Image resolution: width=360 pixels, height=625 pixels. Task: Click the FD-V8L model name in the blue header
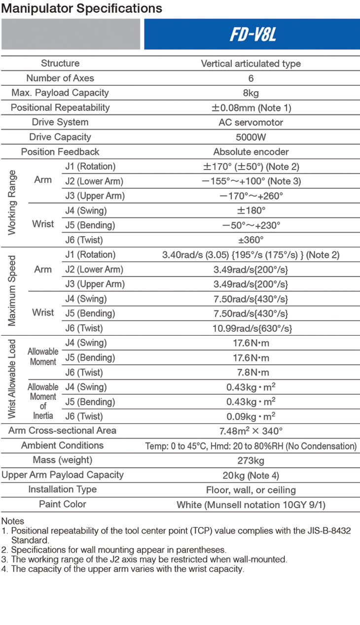pos(252,35)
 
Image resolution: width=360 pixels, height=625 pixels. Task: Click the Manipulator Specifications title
pos(82,8)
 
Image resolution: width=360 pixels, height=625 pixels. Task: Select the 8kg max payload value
pos(251,93)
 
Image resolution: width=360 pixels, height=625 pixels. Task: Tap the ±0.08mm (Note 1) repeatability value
pos(251,107)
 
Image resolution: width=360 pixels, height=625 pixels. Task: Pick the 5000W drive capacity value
pos(251,137)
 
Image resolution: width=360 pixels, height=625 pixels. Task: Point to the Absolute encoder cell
pos(251,152)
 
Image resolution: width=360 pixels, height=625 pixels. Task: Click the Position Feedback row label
pos(60,152)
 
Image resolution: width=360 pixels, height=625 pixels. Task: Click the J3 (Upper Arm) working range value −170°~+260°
pos(251,196)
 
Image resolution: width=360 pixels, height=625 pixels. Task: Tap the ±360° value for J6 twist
pos(251,240)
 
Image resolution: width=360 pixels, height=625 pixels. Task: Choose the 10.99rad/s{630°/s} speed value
pos(251,328)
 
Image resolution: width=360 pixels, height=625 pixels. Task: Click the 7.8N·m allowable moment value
pos(251,373)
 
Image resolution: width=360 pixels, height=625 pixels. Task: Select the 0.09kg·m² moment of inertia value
pos(251,416)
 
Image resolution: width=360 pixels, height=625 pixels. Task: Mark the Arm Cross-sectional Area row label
pos(63,430)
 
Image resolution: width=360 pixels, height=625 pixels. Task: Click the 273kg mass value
pos(251,461)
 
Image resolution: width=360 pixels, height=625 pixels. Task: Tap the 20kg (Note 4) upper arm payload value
pos(251,476)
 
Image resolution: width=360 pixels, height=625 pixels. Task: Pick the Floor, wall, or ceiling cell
pos(251,490)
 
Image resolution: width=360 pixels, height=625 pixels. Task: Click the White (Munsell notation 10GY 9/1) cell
pos(251,505)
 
